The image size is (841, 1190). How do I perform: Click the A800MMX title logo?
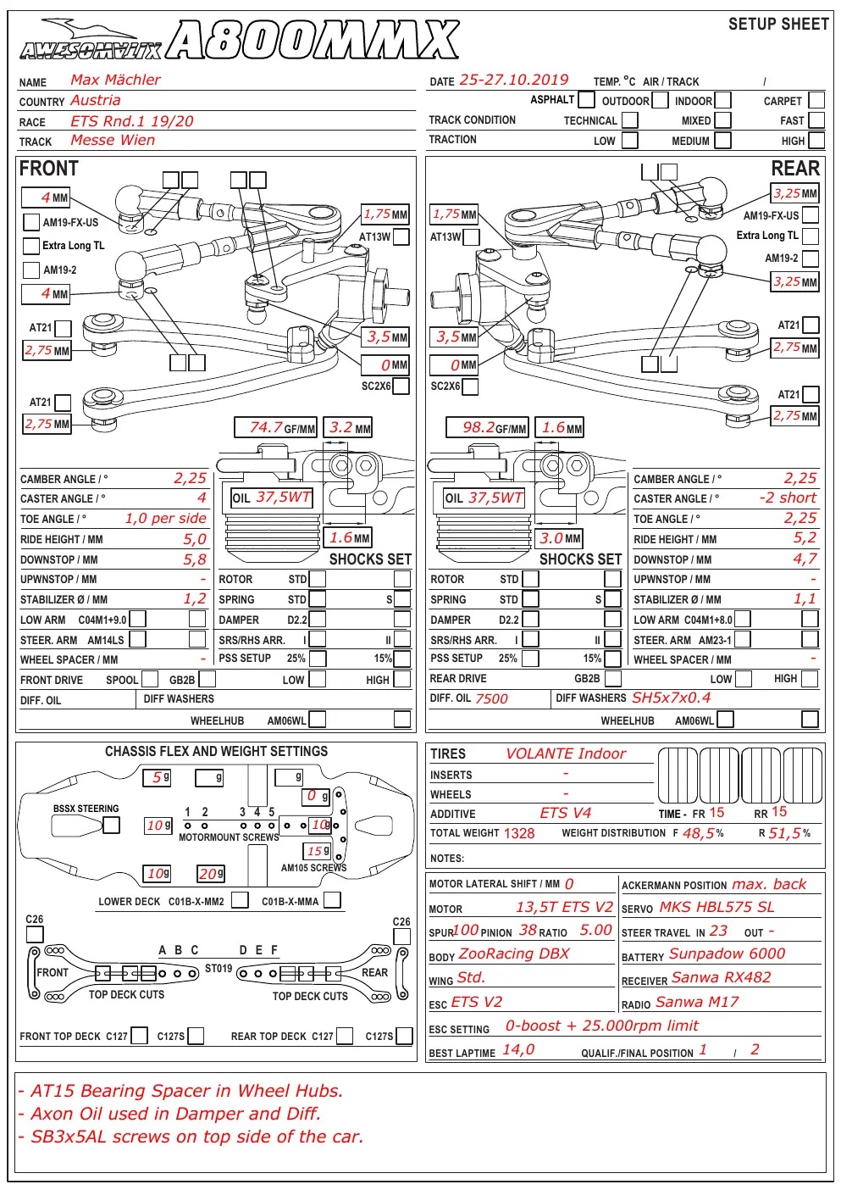click(313, 39)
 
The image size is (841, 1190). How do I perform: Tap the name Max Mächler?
click(115, 80)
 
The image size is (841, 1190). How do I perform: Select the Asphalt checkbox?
click(586, 99)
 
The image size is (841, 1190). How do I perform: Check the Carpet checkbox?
click(816, 100)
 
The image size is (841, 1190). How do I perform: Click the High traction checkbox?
click(816, 140)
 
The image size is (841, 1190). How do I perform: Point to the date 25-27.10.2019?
click(513, 80)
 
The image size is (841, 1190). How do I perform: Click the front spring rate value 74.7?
click(266, 427)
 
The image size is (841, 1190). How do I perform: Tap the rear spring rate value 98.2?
click(479, 427)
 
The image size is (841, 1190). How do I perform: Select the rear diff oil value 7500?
click(492, 698)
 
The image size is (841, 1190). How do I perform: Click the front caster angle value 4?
click(202, 498)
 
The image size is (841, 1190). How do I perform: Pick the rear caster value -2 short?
click(788, 498)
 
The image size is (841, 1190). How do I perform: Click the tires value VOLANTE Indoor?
click(566, 753)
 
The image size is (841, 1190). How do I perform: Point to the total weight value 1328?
click(518, 833)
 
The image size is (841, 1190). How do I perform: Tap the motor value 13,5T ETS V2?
click(564, 907)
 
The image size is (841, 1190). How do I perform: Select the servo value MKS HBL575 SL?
click(717, 907)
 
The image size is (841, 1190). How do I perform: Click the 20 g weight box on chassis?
click(211, 874)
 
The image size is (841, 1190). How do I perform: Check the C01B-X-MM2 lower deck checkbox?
click(240, 900)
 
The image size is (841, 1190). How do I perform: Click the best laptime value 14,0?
click(518, 1049)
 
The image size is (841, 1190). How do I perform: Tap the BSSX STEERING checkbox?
click(111, 825)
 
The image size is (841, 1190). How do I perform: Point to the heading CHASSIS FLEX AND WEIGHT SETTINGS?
click(216, 751)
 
